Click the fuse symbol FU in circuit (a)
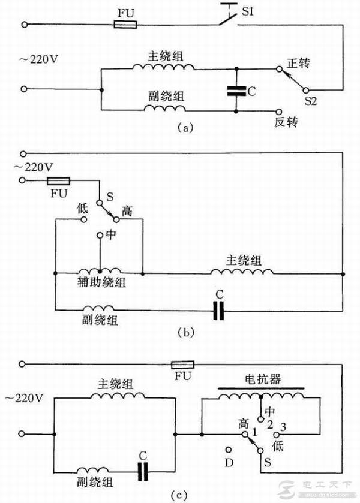tap(125, 25)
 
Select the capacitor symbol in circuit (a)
tap(237, 91)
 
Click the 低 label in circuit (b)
tap(84, 208)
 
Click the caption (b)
tap(185, 330)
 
